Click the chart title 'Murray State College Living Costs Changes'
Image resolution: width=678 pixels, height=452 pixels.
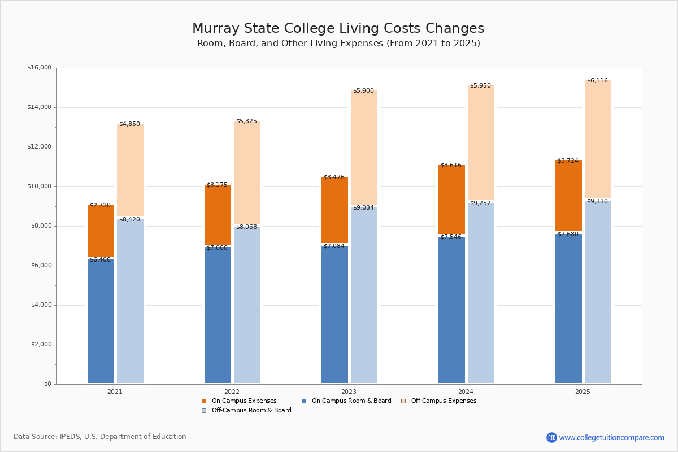338,29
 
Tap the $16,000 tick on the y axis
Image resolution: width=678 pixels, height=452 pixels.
39,68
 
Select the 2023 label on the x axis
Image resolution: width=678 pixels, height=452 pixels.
349,392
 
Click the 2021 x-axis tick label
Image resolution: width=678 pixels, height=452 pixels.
115,392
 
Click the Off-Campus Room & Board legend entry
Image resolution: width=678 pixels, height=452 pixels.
251,411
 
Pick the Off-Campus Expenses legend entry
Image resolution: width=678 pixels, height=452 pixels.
443,401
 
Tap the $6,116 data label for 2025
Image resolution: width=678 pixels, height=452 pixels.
597,81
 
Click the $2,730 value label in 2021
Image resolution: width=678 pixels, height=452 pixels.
100,206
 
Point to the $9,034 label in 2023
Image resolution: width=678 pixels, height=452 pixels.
363,208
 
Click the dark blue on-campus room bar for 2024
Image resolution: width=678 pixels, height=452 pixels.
451,311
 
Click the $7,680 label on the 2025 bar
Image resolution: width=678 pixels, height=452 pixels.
568,234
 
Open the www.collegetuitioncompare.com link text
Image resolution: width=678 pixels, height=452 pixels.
611,437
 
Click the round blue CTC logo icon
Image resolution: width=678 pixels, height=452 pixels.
551,437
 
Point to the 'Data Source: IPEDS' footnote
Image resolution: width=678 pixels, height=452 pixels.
100,437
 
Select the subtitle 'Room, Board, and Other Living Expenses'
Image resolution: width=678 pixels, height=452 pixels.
338,44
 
